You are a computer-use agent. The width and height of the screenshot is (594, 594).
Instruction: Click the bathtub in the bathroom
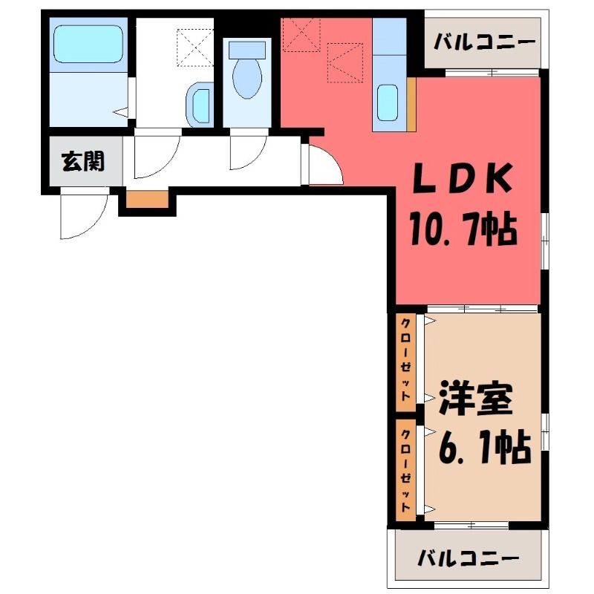point(88,44)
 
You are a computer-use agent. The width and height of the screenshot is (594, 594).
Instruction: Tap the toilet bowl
point(247,79)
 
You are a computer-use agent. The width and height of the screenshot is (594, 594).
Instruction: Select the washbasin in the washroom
point(198,105)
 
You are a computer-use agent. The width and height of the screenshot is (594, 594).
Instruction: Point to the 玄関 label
point(82,161)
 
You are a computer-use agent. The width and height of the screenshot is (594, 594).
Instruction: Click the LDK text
point(462,178)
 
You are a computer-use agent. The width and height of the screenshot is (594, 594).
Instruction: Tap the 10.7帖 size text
point(463,229)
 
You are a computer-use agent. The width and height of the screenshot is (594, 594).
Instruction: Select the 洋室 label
point(476,399)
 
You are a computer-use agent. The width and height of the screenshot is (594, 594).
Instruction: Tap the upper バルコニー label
point(485,42)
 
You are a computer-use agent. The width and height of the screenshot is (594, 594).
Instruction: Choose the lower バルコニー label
point(469,558)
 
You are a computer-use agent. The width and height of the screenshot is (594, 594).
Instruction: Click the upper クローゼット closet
point(405,362)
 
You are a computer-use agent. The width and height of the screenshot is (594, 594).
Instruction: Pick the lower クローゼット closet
point(405,469)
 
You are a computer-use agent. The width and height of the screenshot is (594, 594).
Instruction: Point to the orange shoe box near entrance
point(147,199)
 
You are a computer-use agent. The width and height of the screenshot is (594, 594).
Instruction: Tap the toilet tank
point(247,50)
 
